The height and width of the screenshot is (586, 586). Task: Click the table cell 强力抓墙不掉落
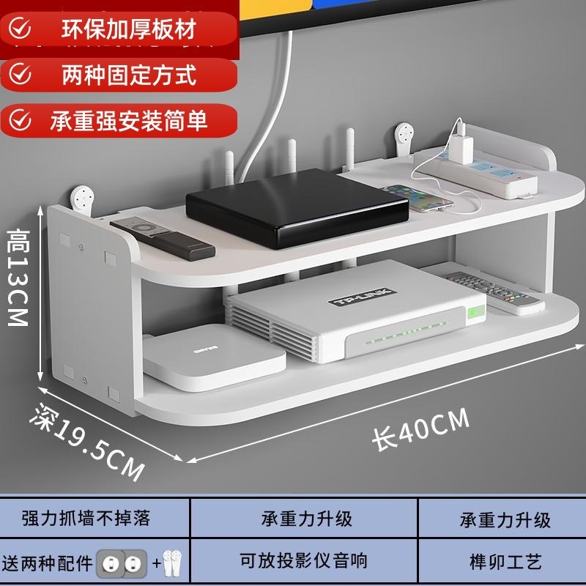pos(86,519)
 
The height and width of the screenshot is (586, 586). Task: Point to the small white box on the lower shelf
pos(212,357)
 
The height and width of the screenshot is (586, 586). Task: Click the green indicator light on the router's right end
pos(474,312)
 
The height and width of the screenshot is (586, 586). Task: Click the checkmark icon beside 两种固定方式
pos(23,74)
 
